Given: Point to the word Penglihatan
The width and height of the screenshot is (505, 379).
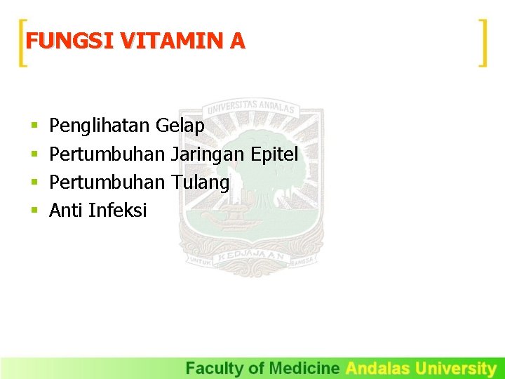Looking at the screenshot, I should point(100,126).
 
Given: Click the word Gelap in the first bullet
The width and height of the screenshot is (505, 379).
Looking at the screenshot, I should point(180,126).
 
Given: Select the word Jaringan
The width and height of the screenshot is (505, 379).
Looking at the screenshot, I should point(207,154).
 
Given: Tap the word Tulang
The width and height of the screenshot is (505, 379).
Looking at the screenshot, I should point(200,182).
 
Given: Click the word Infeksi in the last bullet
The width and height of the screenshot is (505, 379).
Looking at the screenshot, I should point(118,210).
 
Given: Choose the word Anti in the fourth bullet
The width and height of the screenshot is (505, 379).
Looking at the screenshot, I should point(67,210).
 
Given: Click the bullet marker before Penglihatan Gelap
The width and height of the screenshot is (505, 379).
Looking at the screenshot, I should point(34,127).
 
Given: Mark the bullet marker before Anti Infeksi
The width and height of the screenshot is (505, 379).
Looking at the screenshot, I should point(34,211).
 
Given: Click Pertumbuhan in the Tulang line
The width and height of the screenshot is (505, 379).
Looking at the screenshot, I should point(107,182).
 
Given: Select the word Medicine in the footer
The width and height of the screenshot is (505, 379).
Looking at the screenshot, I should point(304,368).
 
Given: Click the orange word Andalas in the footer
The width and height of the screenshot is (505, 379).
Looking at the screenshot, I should point(379,368).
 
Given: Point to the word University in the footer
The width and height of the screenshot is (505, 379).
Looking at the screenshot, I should point(456,368).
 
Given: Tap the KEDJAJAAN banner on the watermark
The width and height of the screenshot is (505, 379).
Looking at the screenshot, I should point(250,258).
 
